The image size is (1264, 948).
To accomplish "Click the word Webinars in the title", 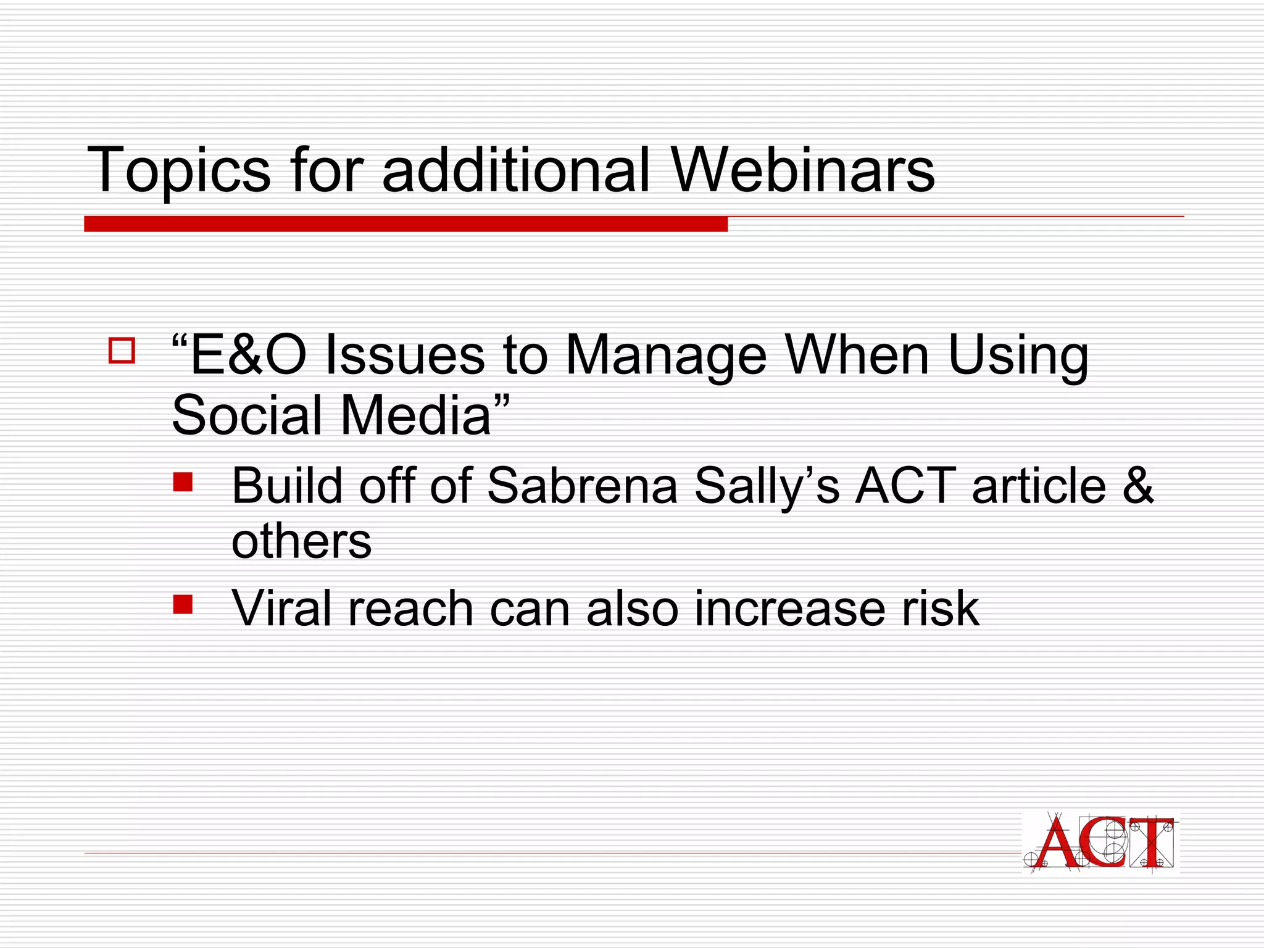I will pos(802,170).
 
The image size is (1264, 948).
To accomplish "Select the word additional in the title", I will pos(516,170).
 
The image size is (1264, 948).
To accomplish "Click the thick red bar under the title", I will pos(405,224).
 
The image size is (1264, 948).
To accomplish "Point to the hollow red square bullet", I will pos(122,350).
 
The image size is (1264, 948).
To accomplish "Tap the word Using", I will pos(1018,357).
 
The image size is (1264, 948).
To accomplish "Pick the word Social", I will pos(247,415).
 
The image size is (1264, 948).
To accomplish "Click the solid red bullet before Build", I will pos(183,482).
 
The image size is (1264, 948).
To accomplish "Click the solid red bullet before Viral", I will pos(183,604).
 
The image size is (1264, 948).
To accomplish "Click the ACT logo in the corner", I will pos(1100,842).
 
